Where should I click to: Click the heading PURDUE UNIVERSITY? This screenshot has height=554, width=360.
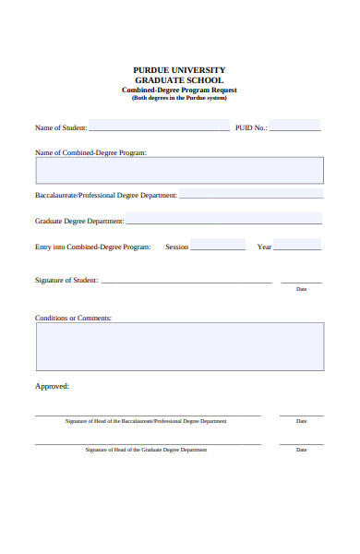[179, 70]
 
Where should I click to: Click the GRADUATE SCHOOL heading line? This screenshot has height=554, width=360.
[179, 80]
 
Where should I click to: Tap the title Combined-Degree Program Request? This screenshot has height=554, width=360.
[179, 90]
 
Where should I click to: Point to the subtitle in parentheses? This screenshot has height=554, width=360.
[179, 98]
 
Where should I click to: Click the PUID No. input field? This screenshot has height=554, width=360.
[294, 126]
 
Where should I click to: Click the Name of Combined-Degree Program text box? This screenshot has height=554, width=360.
[179, 170]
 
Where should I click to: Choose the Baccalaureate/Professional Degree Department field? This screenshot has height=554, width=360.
[251, 195]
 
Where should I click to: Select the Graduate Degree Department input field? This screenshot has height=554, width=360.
[223, 220]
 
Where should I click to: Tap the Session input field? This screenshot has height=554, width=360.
[218, 246]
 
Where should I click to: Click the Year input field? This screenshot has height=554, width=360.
[297, 246]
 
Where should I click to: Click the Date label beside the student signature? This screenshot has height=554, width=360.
[301, 289]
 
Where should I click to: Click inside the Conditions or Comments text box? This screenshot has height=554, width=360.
[179, 346]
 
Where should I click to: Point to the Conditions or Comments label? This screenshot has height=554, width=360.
[73, 318]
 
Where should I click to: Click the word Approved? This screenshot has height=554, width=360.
[52, 386]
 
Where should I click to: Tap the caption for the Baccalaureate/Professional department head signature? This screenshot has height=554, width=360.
[146, 421]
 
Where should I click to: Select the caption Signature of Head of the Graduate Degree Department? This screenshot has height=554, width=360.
[146, 450]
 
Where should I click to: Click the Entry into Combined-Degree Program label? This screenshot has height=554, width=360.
[92, 247]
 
